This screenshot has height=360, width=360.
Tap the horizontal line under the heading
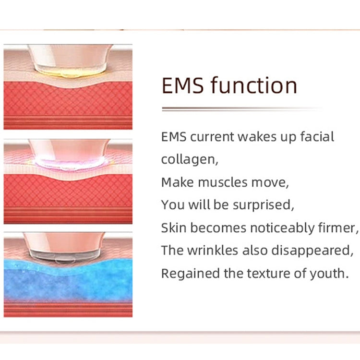click(x=240, y=109)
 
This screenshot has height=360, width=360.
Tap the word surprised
click(x=263, y=205)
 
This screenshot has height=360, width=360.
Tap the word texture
click(x=268, y=274)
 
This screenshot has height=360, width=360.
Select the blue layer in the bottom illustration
click(x=67, y=283)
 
